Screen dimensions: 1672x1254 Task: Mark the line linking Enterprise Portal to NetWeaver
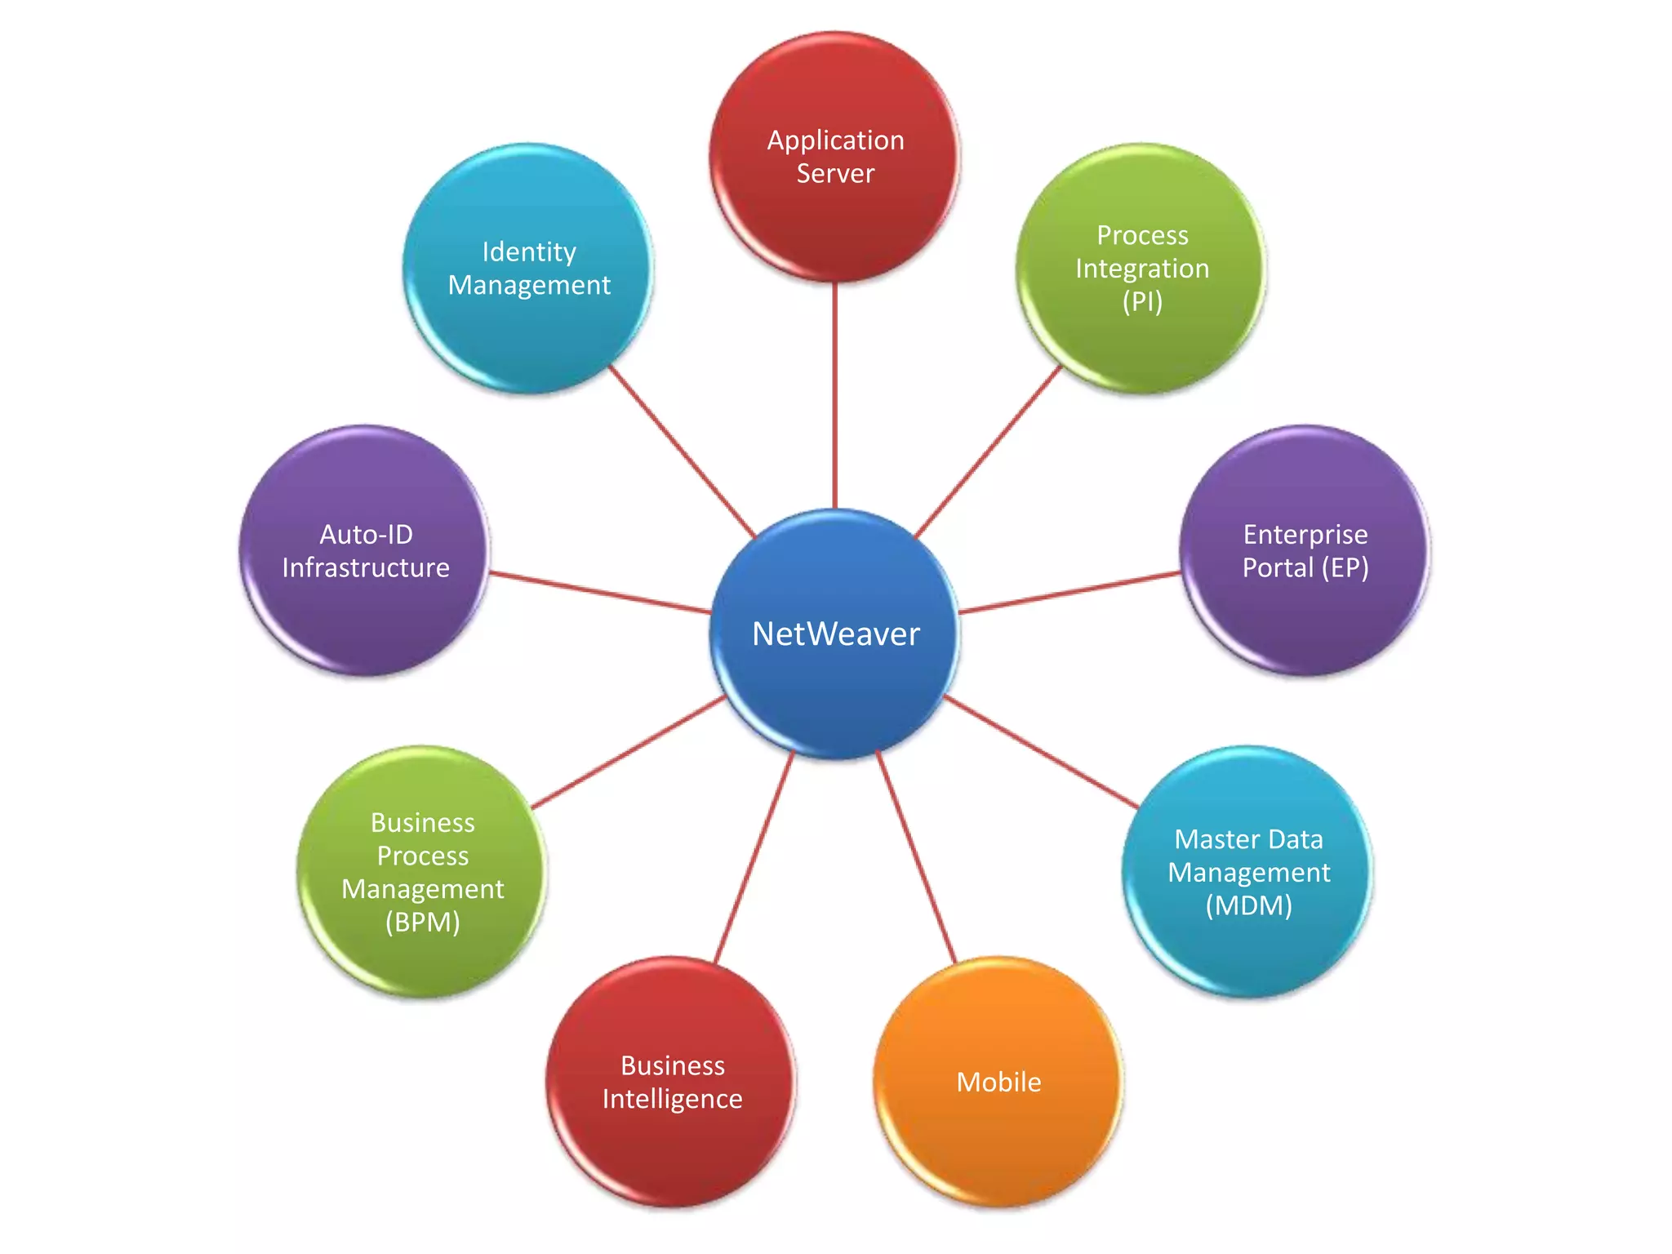[1069, 593]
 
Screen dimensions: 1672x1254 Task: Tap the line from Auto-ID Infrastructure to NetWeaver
[600, 593]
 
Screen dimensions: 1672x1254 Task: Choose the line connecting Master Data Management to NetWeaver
[1041, 752]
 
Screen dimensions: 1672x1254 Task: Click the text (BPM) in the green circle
[422, 923]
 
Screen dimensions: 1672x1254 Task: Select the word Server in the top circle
[835, 174]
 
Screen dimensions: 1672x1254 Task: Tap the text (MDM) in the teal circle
[1248, 906]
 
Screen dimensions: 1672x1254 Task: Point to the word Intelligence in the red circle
[672, 1099]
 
